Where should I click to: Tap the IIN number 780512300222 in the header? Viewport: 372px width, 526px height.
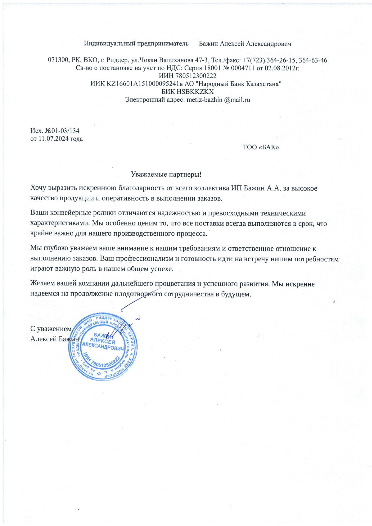point(196,76)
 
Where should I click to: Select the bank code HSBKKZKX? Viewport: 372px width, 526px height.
point(195,92)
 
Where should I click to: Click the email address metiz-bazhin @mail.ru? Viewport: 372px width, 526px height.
point(218,100)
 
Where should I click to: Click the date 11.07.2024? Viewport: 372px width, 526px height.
point(53,139)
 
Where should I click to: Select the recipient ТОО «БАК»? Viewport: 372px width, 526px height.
point(261,147)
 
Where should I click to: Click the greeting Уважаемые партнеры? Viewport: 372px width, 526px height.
point(166,174)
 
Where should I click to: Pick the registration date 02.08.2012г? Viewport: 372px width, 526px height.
point(282,68)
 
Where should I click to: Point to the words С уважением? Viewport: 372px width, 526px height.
point(51,329)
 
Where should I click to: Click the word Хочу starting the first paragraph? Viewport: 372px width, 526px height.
point(38,188)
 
